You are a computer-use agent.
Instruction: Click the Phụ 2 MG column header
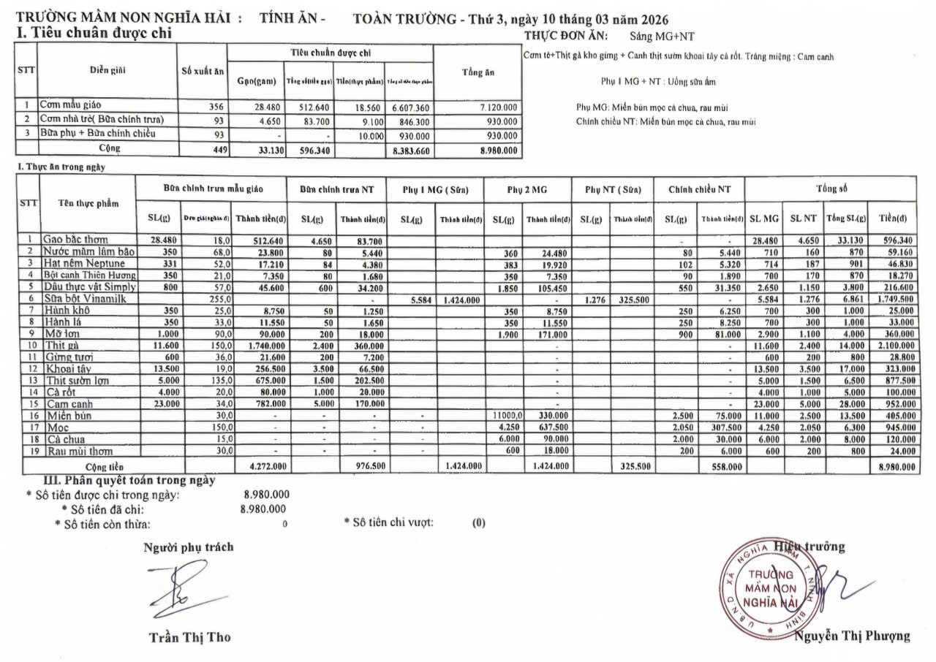tap(528, 189)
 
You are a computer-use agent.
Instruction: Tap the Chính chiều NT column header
tap(699, 189)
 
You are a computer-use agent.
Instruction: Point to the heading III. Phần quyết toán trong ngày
tap(129, 480)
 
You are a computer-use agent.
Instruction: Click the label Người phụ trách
tap(189, 547)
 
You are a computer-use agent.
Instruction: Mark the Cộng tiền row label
tap(104, 465)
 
